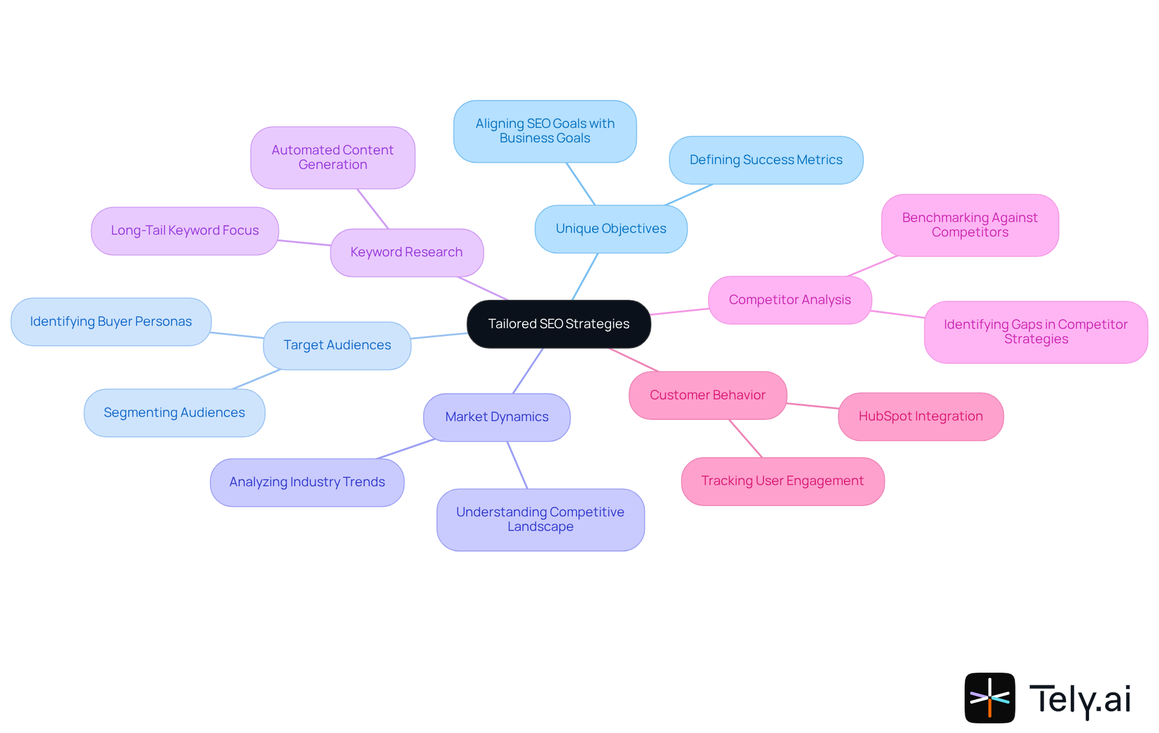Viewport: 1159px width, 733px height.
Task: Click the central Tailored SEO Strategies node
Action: (558, 324)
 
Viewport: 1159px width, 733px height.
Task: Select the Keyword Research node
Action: (406, 252)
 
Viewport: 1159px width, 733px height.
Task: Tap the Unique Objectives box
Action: (610, 229)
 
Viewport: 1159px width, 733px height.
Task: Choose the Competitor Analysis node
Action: (790, 300)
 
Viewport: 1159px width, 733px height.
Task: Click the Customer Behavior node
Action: (707, 395)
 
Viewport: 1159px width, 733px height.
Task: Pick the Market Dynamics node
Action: (497, 417)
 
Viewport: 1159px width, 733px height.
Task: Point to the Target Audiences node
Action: (337, 345)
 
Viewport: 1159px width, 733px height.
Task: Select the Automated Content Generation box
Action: (333, 157)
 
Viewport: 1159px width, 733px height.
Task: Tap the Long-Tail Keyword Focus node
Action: (185, 230)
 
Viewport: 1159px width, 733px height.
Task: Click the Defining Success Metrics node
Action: (765, 160)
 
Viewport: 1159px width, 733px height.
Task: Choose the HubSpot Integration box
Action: (921, 416)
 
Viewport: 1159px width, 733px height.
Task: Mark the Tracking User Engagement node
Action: (782, 481)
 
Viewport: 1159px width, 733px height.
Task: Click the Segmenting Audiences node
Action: (174, 413)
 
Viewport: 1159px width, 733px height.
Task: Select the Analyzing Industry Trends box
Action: (307, 482)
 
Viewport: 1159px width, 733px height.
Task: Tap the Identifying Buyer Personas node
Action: (111, 322)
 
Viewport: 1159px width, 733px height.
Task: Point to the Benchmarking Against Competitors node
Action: (969, 225)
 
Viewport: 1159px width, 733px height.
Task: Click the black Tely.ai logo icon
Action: (989, 697)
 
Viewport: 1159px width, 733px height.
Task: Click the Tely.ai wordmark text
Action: (1080, 699)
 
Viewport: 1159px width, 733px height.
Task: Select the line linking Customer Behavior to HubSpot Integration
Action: (813, 406)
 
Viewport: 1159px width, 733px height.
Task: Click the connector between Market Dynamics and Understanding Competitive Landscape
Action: (517, 465)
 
